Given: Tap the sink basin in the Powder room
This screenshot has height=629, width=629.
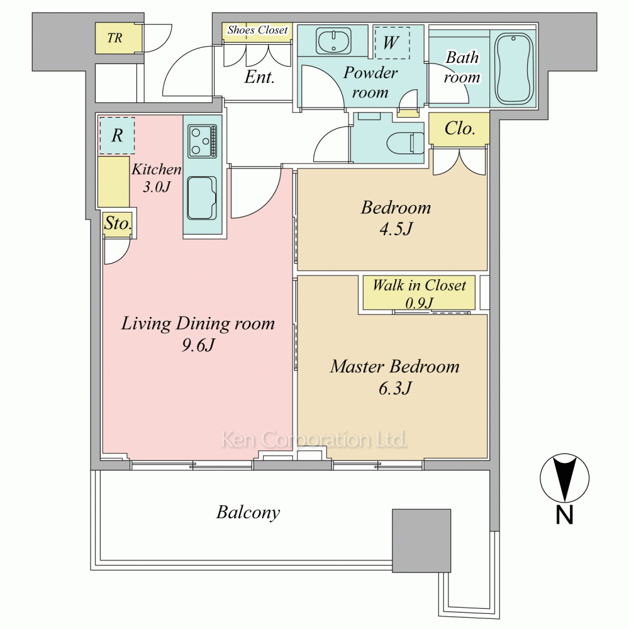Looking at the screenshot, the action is point(333,41).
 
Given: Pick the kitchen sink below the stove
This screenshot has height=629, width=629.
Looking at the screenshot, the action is point(202,198).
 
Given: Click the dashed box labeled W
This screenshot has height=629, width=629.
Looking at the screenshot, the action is point(391,43).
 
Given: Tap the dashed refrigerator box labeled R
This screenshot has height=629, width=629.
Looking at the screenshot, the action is point(117,135).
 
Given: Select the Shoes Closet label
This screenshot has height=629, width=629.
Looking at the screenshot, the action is point(257,30).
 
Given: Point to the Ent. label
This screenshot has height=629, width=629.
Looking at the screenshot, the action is point(260,77).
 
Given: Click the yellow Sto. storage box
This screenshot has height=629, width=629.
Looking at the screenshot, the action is point(118,223).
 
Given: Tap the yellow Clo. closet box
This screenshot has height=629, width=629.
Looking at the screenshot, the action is point(459,129).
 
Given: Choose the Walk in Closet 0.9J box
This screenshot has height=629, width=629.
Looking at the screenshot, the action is point(419,292).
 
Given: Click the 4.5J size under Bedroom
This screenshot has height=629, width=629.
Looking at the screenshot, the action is point(396,230).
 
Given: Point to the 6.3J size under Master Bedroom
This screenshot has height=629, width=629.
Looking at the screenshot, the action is point(395,388).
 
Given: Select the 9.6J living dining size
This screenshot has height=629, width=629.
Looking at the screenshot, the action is point(198,345).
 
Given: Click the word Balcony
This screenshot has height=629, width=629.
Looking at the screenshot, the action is point(248,513).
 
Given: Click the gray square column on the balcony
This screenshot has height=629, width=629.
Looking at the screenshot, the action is point(421,541).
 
